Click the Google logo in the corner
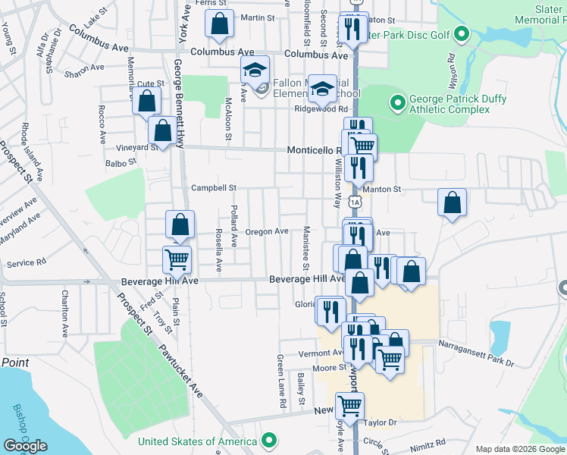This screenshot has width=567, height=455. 24,445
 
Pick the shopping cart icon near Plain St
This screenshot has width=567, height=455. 177,259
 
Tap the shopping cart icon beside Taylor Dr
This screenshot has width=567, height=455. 349,406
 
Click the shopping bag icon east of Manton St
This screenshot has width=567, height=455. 452,202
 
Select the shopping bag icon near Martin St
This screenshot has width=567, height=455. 219,24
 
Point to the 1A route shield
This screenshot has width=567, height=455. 355,202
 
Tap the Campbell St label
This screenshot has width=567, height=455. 214,187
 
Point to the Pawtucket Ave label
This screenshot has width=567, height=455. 180,372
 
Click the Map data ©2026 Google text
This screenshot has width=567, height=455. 520,448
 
